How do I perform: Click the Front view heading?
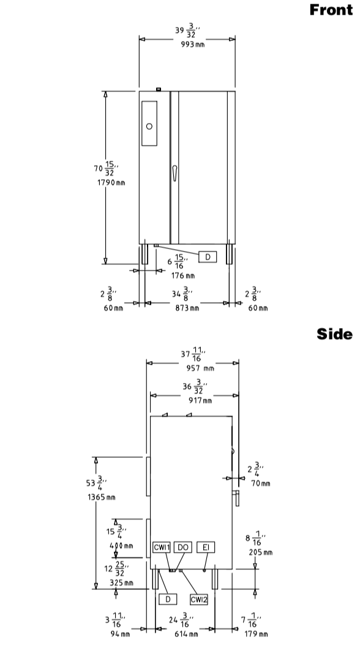(331, 9)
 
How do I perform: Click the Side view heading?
(334, 334)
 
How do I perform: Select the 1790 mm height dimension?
(111, 182)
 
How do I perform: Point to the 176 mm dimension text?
(183, 276)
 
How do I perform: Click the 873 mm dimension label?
(187, 308)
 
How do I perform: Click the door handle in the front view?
(174, 173)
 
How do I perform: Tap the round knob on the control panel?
(149, 126)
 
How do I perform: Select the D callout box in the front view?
(208, 257)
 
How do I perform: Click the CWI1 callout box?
(161, 547)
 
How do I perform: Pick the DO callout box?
(182, 547)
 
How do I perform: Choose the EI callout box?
(206, 547)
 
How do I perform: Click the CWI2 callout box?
(199, 600)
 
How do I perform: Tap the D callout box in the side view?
(168, 599)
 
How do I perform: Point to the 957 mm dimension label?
(200, 368)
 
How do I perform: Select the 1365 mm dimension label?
(101, 498)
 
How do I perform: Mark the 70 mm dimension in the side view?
(261, 483)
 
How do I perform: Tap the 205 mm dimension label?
(260, 553)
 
